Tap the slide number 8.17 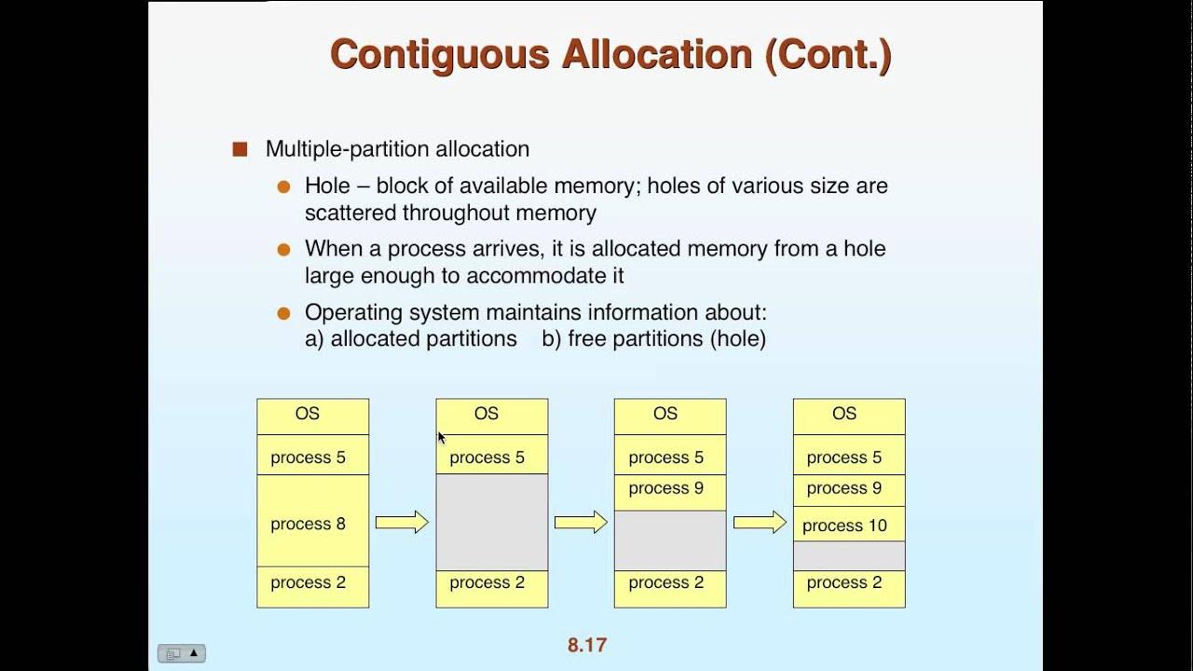tap(587, 645)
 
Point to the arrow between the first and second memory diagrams tap(402, 523)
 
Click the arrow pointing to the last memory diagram tap(760, 523)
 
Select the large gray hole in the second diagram tap(491, 522)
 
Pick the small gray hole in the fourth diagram tap(848, 555)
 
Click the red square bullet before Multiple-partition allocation tap(240, 149)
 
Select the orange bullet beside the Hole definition tap(284, 186)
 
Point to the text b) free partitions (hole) tap(653, 338)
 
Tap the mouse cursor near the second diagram tap(441, 437)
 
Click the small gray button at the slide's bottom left tap(181, 653)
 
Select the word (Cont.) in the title tap(828, 54)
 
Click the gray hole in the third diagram tap(669, 540)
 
